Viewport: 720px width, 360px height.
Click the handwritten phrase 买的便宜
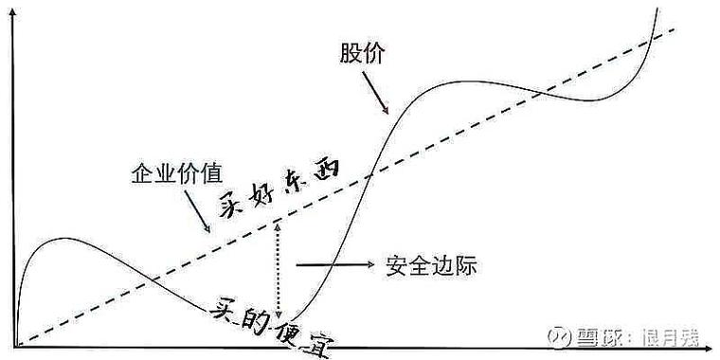pos(274,325)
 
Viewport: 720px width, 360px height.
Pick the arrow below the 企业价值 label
pos(204,216)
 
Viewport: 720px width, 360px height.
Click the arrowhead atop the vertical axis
pos(14,14)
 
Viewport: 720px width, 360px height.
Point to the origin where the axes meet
pos(15,346)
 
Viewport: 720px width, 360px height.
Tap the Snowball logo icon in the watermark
pos(581,337)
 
